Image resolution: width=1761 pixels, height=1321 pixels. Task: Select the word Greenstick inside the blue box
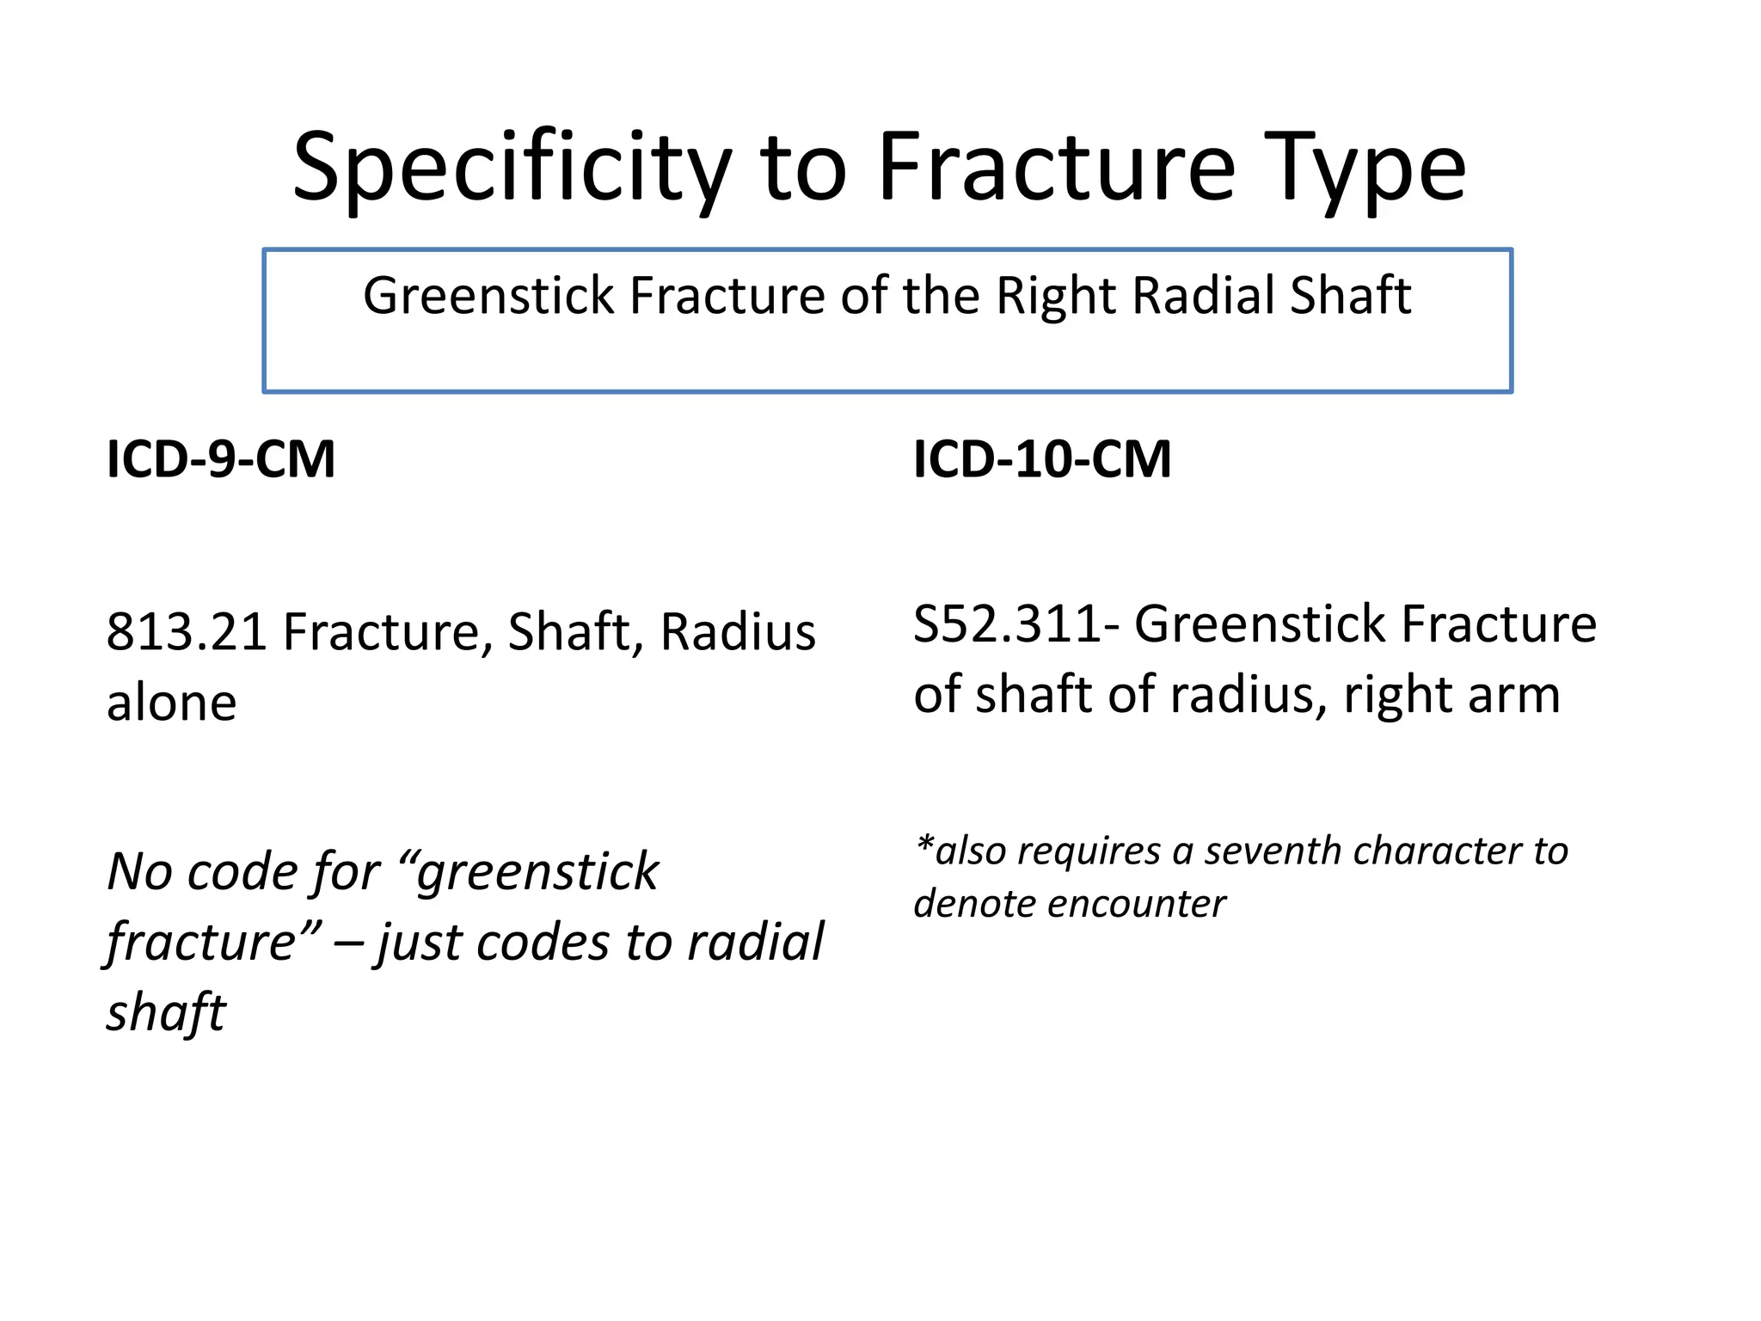[488, 296]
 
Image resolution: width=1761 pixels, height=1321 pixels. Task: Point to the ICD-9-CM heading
[221, 459]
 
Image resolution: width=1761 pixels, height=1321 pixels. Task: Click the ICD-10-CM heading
[1042, 459]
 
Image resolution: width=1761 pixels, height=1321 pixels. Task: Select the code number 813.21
[186, 632]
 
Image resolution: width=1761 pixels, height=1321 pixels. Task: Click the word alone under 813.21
[171, 704]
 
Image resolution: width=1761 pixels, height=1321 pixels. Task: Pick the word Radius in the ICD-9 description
[737, 632]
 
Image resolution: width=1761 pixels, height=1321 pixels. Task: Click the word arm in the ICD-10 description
[1513, 695]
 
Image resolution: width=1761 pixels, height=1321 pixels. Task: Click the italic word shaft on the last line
[166, 1013]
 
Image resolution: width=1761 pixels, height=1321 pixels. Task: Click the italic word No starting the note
[139, 872]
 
